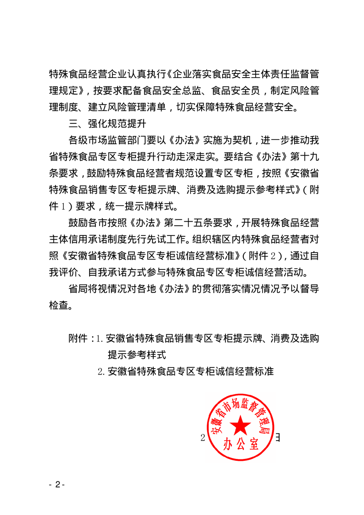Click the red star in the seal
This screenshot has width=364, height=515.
240,426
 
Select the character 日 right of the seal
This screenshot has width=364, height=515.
277,437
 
